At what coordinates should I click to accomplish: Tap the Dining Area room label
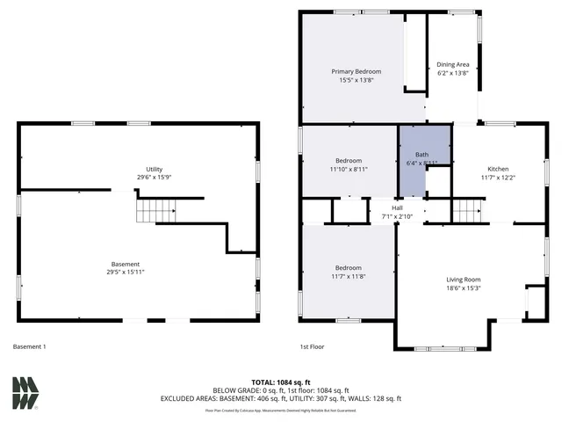click(453, 64)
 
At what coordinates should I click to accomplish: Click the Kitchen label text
click(498, 169)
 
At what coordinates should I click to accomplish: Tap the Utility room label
click(155, 169)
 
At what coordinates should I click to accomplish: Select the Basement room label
click(125, 265)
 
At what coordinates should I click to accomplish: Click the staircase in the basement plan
click(155, 210)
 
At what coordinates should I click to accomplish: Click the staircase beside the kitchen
click(468, 211)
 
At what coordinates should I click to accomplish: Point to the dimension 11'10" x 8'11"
click(349, 170)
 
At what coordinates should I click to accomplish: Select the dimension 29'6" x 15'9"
click(155, 178)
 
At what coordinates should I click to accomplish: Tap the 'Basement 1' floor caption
click(30, 346)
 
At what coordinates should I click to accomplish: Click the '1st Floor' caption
click(312, 346)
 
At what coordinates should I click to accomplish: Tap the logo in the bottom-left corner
click(25, 393)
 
